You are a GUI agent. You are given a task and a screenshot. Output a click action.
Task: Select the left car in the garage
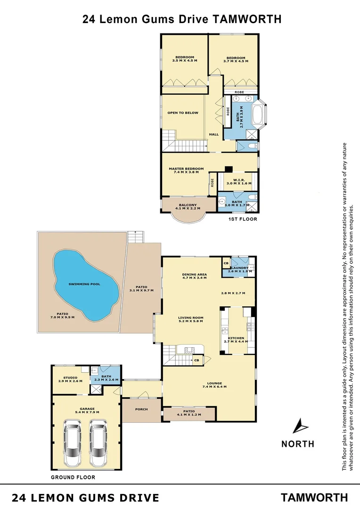[73, 445]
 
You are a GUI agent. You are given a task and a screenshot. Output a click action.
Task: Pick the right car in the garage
[99, 445]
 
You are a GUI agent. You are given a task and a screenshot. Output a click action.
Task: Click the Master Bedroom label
[186, 169]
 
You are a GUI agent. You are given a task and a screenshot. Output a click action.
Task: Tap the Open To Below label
[183, 113]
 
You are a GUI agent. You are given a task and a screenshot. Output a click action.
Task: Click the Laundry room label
[239, 268]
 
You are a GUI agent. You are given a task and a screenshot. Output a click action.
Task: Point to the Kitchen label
[236, 338]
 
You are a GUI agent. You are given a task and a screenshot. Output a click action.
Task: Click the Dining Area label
[195, 274]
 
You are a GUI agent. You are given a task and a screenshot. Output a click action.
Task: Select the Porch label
[141, 409]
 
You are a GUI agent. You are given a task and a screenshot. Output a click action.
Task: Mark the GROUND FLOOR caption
[73, 477]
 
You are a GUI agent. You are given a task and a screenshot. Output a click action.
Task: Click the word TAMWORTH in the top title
[247, 19]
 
